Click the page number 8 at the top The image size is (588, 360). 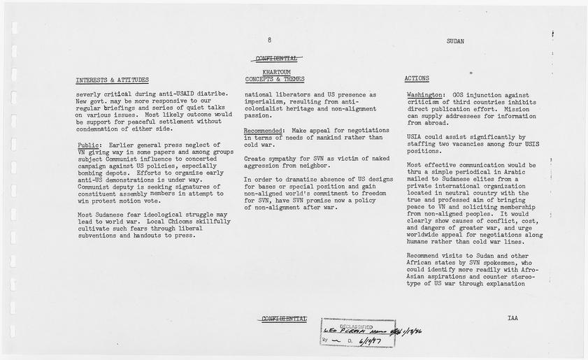[x=269, y=41]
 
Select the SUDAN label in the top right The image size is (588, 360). [x=455, y=41]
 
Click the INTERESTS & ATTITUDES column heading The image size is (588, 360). [x=112, y=79]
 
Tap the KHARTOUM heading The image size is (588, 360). [x=276, y=72]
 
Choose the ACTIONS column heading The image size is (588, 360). [x=417, y=78]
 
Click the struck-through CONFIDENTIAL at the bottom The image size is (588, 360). [x=284, y=319]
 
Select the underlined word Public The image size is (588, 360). [x=89, y=145]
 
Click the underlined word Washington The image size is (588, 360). [x=424, y=94]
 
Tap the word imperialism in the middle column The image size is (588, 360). [x=267, y=101]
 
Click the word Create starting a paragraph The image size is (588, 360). [x=255, y=159]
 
